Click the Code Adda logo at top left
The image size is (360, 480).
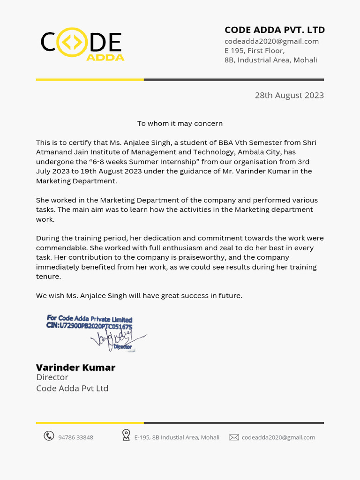point(82,45)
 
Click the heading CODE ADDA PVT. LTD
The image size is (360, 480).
point(274,30)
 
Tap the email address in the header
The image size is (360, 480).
point(271,41)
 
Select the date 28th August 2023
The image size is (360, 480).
point(289,95)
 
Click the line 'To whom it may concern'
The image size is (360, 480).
point(180,124)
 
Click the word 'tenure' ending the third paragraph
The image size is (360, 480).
point(48,277)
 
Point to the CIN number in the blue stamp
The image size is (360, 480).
point(89,326)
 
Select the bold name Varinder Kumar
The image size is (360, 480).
point(75,367)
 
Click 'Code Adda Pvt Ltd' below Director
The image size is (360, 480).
point(72,388)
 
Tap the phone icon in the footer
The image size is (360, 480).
point(49,436)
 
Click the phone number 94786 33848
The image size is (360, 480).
point(75,437)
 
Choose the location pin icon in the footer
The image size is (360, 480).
point(126,435)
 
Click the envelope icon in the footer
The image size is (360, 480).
point(234,437)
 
